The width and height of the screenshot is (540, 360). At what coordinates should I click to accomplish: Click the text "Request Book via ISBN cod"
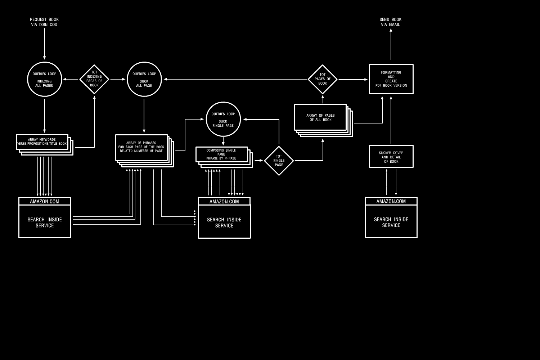(x=44, y=22)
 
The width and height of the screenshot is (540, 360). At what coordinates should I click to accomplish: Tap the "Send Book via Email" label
(x=391, y=22)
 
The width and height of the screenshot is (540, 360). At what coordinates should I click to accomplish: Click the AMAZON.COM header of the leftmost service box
(x=45, y=201)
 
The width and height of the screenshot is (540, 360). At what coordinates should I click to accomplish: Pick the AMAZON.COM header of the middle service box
(x=224, y=201)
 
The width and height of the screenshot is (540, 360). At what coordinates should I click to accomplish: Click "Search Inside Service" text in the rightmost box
(x=391, y=222)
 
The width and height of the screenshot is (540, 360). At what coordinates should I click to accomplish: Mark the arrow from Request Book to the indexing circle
(x=44, y=44)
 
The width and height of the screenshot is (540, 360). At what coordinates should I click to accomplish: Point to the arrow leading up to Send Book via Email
(x=391, y=44)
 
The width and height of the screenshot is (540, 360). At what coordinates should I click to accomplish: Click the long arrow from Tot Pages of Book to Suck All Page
(x=235, y=79)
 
